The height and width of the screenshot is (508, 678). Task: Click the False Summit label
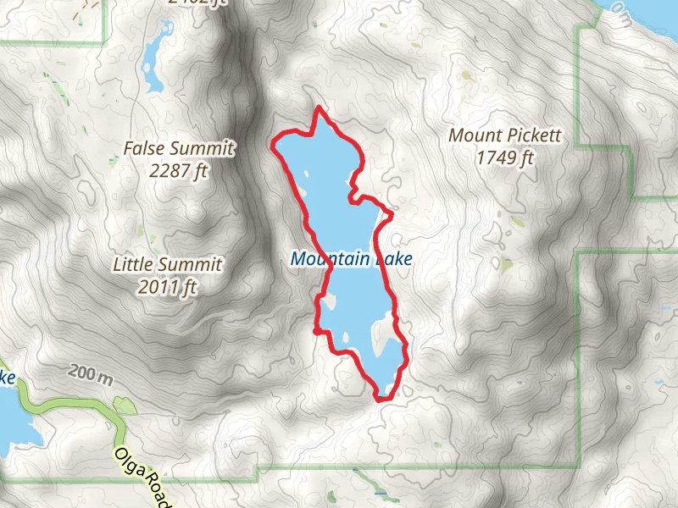(178, 149)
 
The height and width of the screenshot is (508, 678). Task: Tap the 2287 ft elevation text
(178, 171)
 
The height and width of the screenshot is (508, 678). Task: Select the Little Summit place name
(167, 265)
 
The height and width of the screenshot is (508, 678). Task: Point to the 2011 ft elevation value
(167, 288)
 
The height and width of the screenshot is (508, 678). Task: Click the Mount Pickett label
(505, 135)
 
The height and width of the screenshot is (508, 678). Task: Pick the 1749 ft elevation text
(505, 157)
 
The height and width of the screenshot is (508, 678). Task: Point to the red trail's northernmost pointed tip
(318, 108)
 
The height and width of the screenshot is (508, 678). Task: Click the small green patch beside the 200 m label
(124, 406)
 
